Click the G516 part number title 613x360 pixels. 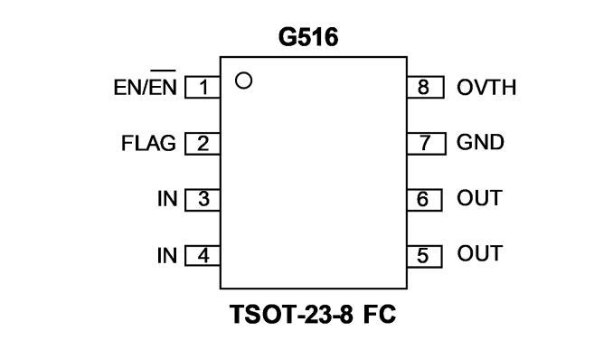[x=308, y=38]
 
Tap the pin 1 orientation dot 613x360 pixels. [x=243, y=81]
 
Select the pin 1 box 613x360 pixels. [x=203, y=87]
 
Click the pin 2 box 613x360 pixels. [x=203, y=144]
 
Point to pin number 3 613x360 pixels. [x=203, y=199]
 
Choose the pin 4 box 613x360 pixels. [x=203, y=256]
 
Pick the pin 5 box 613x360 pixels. [x=425, y=256]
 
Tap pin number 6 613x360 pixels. [x=422, y=199]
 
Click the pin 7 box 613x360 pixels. [x=426, y=144]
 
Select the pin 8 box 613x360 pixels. [x=425, y=87]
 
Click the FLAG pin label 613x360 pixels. [x=148, y=143]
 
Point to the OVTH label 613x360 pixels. [x=486, y=87]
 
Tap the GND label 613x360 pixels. [x=480, y=142]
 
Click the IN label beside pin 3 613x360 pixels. [x=167, y=199]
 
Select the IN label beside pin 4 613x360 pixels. [x=167, y=256]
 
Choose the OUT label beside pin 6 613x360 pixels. [x=479, y=198]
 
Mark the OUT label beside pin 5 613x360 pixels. [x=479, y=253]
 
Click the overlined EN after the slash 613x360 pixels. [x=164, y=84]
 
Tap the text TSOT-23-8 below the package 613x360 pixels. [x=291, y=314]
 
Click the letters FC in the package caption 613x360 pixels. [x=380, y=314]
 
